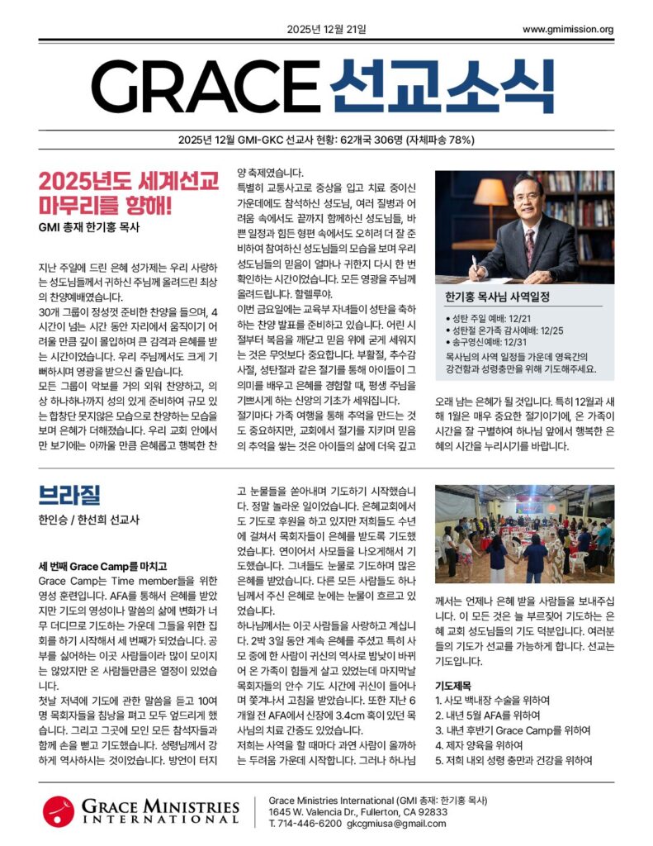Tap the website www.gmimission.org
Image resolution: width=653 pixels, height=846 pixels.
coord(568,31)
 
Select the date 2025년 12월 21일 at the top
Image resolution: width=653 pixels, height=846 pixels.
coord(326,31)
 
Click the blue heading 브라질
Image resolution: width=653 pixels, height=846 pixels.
coord(69,495)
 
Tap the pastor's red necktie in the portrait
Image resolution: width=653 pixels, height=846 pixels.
coord(529,245)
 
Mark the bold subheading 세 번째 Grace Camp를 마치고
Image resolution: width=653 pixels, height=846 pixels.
coord(102,566)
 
